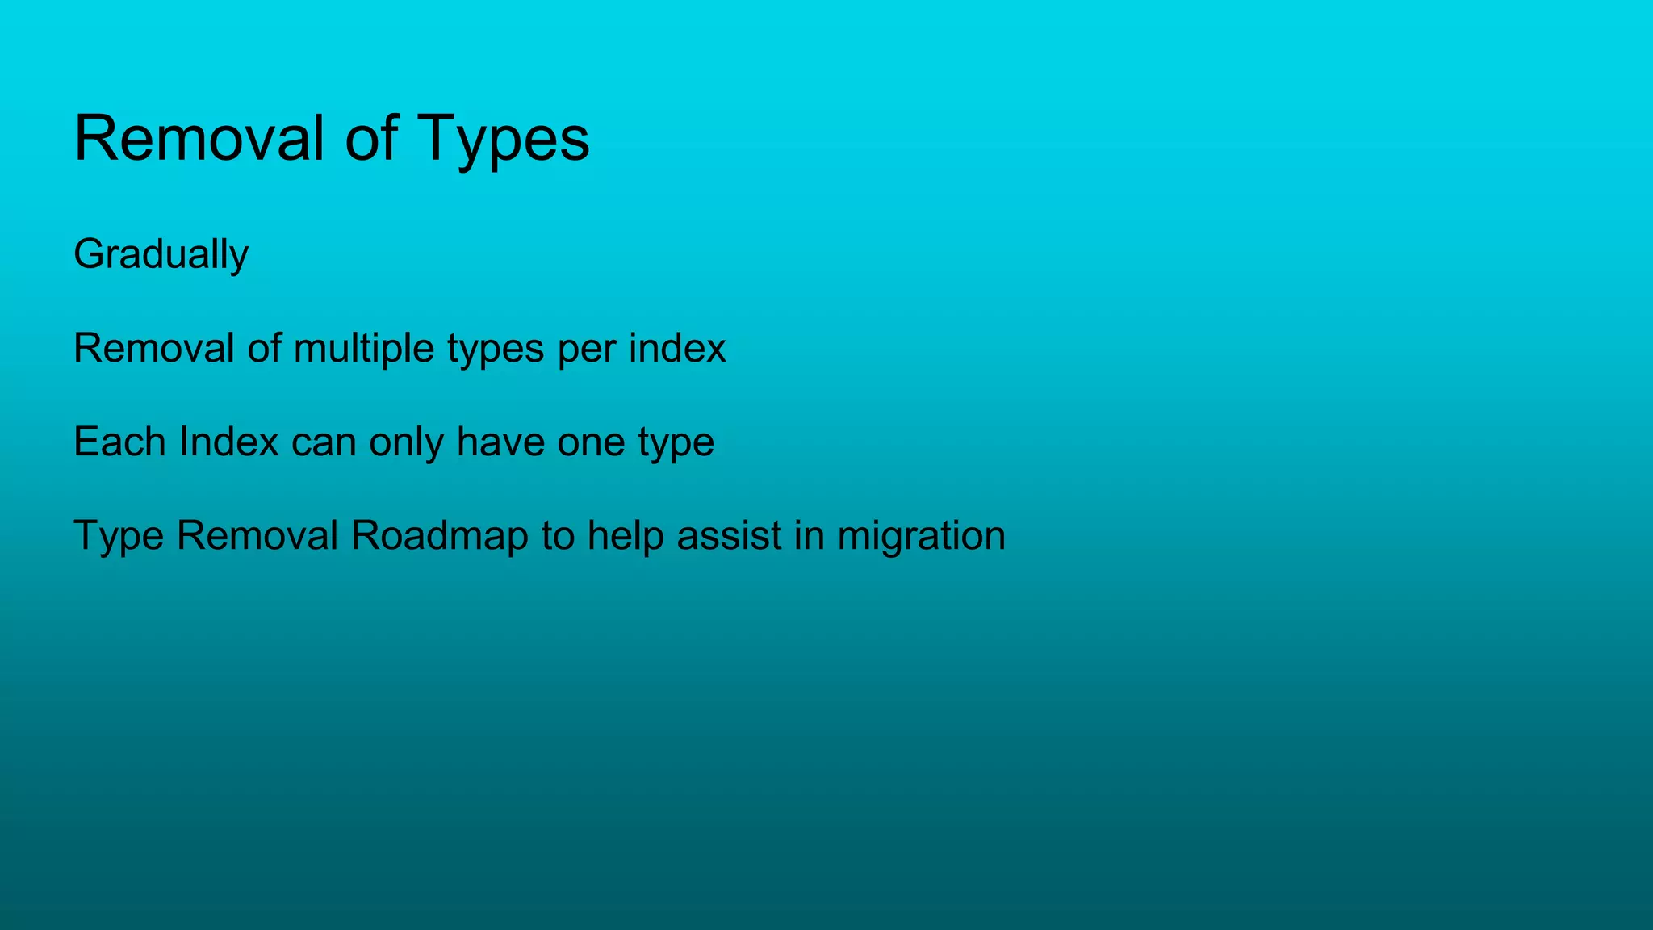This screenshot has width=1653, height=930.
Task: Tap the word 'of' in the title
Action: coord(371,139)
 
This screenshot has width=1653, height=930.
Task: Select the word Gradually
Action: coord(161,255)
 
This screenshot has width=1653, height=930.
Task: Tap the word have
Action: coord(500,442)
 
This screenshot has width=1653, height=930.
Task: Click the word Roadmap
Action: coord(439,536)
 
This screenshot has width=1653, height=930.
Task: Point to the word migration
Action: coord(921,536)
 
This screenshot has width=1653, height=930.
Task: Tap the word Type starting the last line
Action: coord(119,536)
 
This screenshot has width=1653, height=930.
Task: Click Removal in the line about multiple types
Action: coord(153,349)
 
